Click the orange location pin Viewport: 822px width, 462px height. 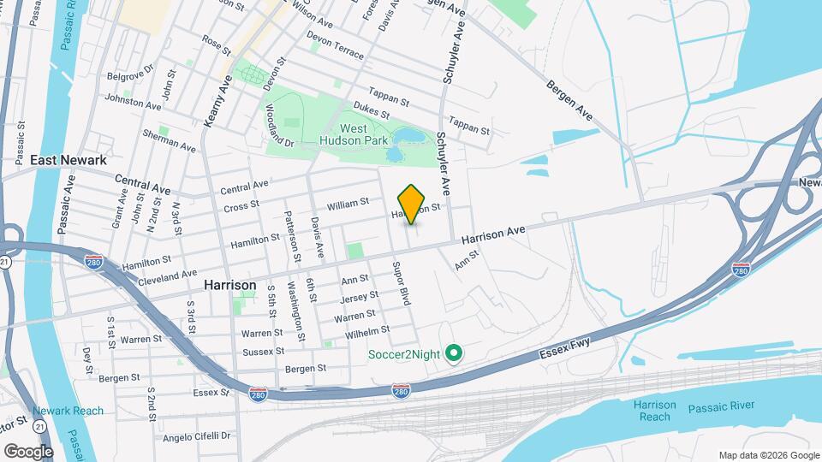click(x=412, y=204)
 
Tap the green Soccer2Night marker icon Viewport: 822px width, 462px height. click(x=456, y=352)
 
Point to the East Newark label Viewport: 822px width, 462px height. click(x=68, y=160)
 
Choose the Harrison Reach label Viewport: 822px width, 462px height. click(x=655, y=411)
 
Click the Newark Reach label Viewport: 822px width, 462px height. click(x=68, y=411)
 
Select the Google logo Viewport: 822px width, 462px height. click(x=28, y=451)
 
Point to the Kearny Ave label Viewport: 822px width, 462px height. click(x=218, y=103)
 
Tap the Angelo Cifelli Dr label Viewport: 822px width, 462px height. click(x=197, y=435)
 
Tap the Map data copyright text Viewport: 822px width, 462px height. click(x=769, y=455)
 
